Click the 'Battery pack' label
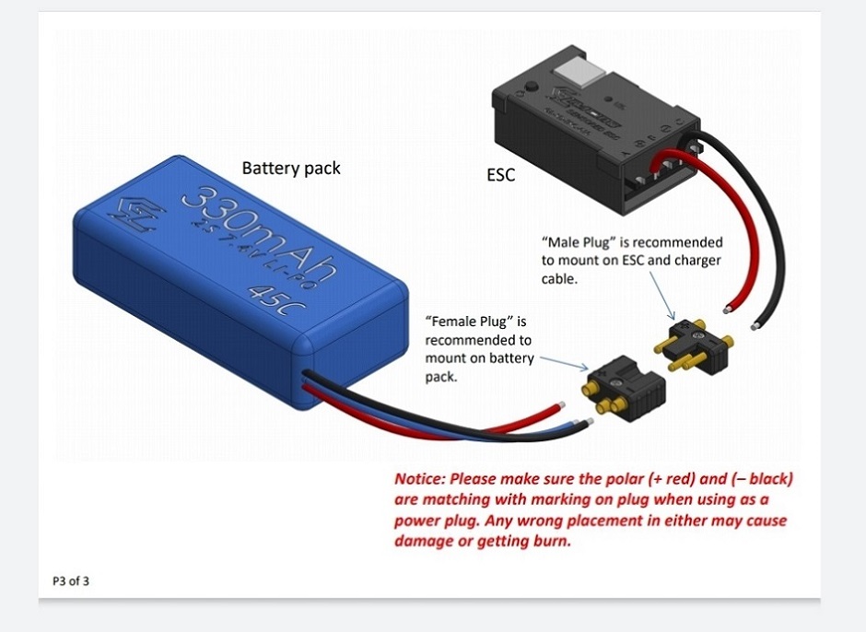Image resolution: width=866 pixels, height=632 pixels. click(x=291, y=168)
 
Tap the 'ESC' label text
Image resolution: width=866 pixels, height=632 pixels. click(x=501, y=173)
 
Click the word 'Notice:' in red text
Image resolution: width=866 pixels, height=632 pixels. click(x=421, y=479)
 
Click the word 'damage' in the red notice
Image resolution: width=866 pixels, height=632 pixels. click(x=422, y=542)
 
